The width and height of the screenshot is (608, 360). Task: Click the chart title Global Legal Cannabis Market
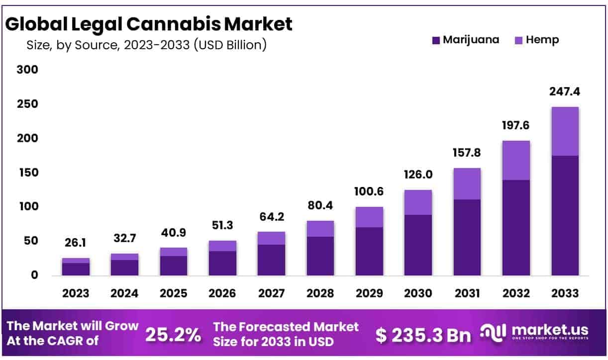(x=149, y=23)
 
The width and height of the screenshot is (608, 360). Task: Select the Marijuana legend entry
(x=465, y=40)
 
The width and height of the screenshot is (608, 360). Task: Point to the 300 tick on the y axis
(x=27, y=70)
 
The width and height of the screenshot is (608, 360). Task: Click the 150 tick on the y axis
(x=27, y=173)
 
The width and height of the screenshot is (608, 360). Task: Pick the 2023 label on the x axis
(x=76, y=293)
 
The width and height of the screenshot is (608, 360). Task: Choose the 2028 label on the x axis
(x=320, y=293)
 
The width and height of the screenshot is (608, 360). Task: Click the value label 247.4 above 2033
(x=565, y=91)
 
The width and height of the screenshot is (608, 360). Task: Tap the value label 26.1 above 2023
(x=76, y=243)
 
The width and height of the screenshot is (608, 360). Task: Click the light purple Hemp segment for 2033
(x=565, y=131)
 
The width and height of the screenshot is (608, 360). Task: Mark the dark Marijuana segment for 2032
(x=516, y=227)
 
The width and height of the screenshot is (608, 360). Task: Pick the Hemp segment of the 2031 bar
(x=467, y=183)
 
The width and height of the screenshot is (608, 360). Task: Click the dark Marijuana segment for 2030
(x=418, y=245)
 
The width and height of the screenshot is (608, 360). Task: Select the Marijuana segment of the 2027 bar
(x=271, y=260)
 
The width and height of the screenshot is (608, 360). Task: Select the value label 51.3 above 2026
(x=222, y=226)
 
